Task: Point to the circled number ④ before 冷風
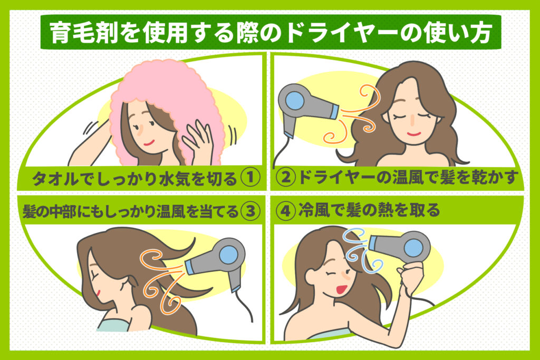click(x=286, y=211)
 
